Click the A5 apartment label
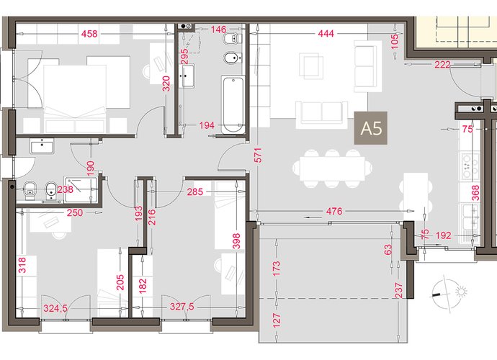[x=370, y=128]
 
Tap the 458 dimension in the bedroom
[x=89, y=34]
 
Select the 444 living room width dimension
[x=326, y=33]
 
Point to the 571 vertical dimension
[x=259, y=155]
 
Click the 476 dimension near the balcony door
[x=334, y=211]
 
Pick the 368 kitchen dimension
[x=475, y=193]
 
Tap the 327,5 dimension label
[x=182, y=307]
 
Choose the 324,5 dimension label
[x=55, y=308]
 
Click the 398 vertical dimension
[x=236, y=241]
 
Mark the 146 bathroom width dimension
[x=218, y=30]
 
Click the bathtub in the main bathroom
[x=233, y=104]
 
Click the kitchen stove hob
[x=470, y=166]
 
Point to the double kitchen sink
[x=470, y=216]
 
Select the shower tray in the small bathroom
[x=81, y=190]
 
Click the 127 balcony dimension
[x=277, y=320]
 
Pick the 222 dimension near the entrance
[x=442, y=65]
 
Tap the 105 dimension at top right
[x=395, y=42]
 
